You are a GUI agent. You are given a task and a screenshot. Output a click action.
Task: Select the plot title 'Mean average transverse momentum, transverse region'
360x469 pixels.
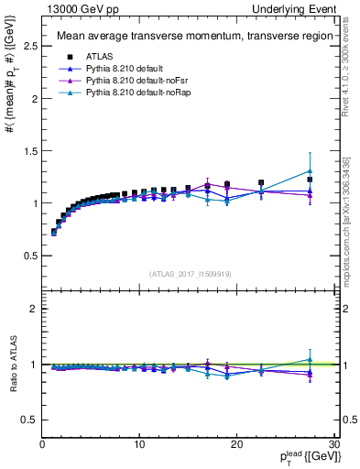pyautogui.click(x=187, y=37)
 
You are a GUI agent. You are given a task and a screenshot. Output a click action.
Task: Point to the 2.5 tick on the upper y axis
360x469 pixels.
pyautogui.click(x=29, y=46)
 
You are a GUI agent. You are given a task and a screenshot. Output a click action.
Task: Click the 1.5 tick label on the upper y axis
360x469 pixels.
pyautogui.click(x=29, y=150)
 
